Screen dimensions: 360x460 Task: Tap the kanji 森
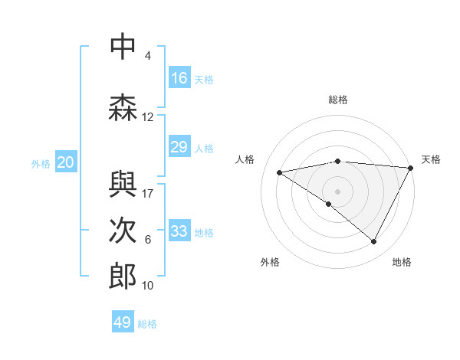[x=122, y=106]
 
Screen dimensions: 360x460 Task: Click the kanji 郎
[x=122, y=277]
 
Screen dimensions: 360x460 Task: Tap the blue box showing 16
[x=179, y=78]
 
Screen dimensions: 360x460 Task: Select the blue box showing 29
[x=179, y=147]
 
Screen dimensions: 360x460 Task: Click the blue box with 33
[x=179, y=231]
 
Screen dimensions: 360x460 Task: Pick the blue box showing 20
[x=66, y=162]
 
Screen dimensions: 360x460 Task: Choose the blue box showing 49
[x=123, y=322]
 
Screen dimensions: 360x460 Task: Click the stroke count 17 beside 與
[x=148, y=193]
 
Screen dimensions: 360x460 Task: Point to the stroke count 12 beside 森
[x=148, y=116]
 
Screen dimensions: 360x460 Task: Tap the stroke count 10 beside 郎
[x=148, y=285]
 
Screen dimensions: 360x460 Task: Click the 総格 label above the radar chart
[x=337, y=100]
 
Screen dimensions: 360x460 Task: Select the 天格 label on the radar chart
[x=431, y=159]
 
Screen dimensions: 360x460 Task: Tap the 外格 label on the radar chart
[x=270, y=262]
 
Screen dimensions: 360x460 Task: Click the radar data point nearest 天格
[x=411, y=168]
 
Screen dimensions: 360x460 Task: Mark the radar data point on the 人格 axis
[x=280, y=172]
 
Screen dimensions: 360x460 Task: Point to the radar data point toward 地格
[x=373, y=241]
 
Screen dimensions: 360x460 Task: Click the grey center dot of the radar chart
[x=337, y=191]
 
